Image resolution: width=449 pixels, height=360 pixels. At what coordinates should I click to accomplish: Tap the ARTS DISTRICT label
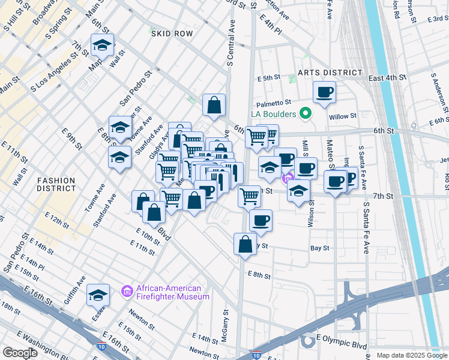(x=330, y=73)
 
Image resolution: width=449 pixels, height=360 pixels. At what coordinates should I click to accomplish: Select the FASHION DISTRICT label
(x=56, y=184)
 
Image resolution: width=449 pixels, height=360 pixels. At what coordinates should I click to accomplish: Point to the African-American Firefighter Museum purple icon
(x=127, y=292)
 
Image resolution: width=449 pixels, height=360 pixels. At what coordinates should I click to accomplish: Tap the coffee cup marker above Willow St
(x=324, y=93)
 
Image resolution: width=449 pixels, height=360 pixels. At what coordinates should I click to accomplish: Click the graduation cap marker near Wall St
(x=103, y=45)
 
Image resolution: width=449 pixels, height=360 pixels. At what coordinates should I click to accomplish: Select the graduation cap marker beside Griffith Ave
(x=98, y=295)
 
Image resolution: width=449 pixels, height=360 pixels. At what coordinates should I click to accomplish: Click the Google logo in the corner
(x=20, y=353)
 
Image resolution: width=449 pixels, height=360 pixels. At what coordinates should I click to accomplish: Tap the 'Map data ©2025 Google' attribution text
(x=411, y=355)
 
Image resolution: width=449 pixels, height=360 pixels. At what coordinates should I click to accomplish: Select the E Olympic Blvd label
(x=343, y=346)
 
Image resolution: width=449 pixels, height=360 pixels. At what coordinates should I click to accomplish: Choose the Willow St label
(x=345, y=116)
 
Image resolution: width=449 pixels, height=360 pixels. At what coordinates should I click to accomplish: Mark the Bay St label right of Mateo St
(x=319, y=248)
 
